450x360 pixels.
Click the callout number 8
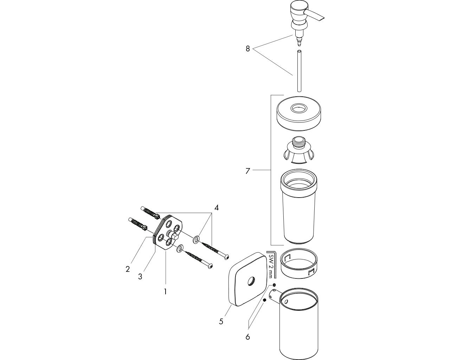(247, 49)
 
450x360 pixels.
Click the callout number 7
(247, 171)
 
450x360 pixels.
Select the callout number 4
(217, 208)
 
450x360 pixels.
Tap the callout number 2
(128, 269)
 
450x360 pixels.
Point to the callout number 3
(140, 277)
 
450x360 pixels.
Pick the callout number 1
(165, 291)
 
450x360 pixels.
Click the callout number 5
(221, 321)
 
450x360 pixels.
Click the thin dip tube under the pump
(299, 71)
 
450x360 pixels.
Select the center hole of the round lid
(299, 108)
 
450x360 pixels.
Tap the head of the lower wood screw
(210, 266)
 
